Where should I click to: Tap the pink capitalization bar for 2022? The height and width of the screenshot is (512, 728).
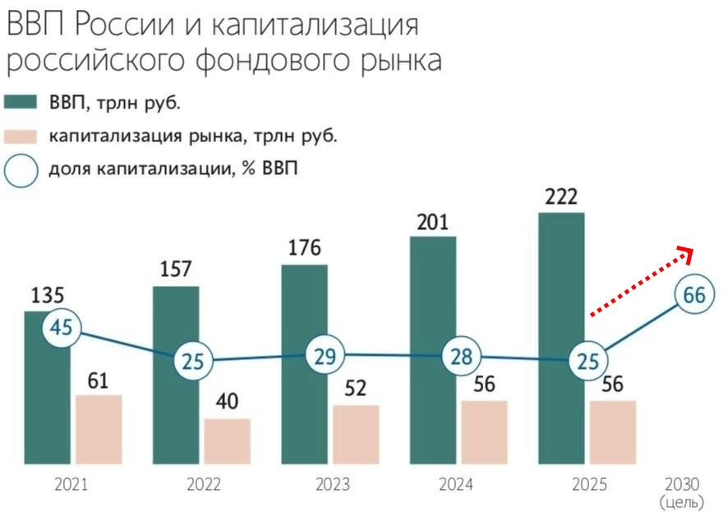(228, 441)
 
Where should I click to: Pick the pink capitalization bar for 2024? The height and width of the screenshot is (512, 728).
(484, 431)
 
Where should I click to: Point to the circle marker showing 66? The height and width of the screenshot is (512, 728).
(694, 295)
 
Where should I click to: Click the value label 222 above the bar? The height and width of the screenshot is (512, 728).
(561, 197)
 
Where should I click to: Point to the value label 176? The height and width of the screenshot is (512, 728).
(304, 248)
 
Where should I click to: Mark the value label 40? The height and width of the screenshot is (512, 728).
(228, 404)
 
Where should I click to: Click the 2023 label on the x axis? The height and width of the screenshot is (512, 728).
(333, 485)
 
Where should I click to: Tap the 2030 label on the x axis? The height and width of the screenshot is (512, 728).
(680, 484)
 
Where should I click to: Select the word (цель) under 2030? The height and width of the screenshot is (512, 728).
(681, 500)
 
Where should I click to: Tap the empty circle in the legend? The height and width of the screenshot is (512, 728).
(22, 171)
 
